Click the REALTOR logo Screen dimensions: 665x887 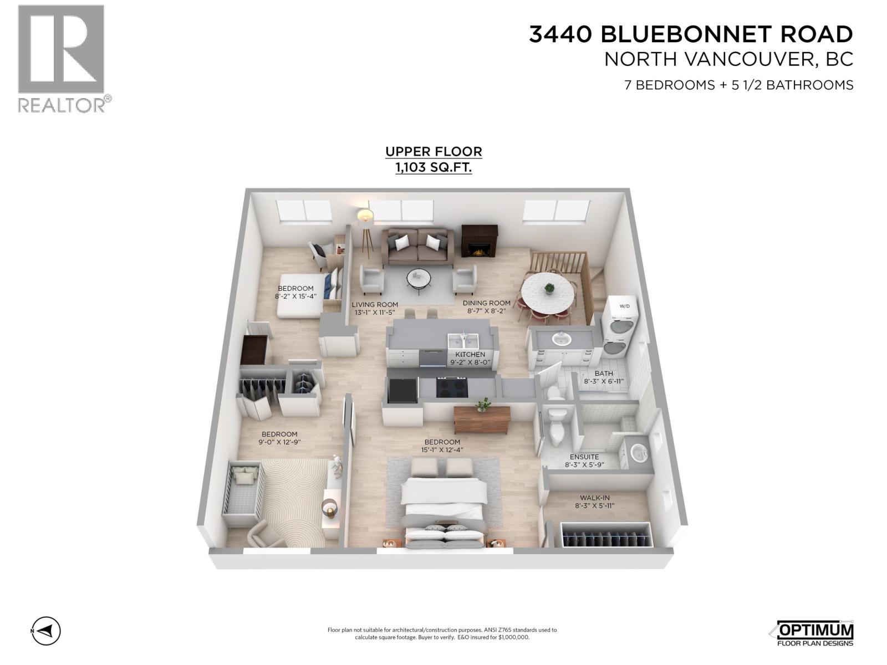[61, 58]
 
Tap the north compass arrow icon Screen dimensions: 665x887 [45, 631]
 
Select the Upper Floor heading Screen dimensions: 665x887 [434, 151]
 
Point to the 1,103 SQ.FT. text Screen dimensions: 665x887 [434, 167]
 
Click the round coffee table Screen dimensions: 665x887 [419, 278]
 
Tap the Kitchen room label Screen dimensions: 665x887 [470, 355]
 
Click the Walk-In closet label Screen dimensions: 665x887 [595, 498]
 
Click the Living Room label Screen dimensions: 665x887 [375, 304]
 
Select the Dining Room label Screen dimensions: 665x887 [487, 303]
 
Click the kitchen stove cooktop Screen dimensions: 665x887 [452, 387]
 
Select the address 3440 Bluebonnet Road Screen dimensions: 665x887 [691, 34]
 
